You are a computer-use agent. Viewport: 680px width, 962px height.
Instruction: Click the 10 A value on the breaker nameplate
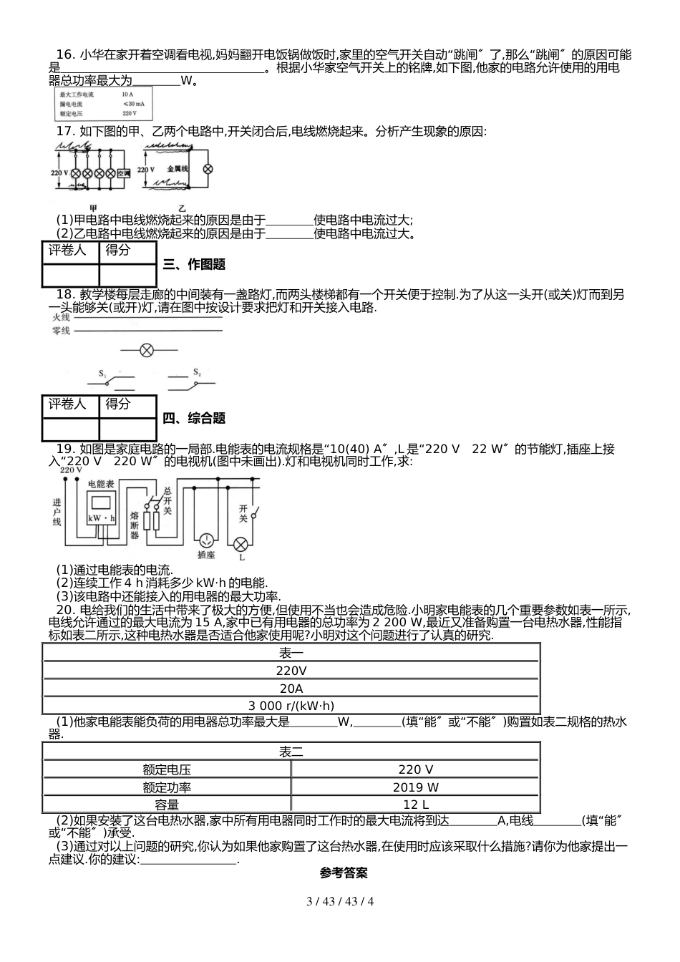[x=127, y=94]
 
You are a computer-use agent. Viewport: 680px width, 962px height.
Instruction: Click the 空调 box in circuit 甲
[x=123, y=173]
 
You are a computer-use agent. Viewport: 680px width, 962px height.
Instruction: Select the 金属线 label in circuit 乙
[x=177, y=168]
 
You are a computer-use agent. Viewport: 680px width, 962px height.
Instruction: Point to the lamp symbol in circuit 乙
[x=208, y=169]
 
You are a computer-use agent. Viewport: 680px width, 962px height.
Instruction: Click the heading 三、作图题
[x=194, y=265]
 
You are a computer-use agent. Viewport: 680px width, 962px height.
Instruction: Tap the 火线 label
[x=61, y=316]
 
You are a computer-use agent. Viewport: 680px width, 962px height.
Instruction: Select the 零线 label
[x=61, y=330]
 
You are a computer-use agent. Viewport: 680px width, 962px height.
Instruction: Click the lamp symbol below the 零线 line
[x=147, y=350]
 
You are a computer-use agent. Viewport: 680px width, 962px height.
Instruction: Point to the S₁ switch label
[x=102, y=374]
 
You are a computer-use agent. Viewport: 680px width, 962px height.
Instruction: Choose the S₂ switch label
[x=197, y=372]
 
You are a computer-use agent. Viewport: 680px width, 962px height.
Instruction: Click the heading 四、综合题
[x=194, y=419]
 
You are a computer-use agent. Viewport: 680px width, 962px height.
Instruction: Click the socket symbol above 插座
[x=206, y=539]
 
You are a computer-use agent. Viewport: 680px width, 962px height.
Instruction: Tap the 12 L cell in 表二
[x=415, y=805]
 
